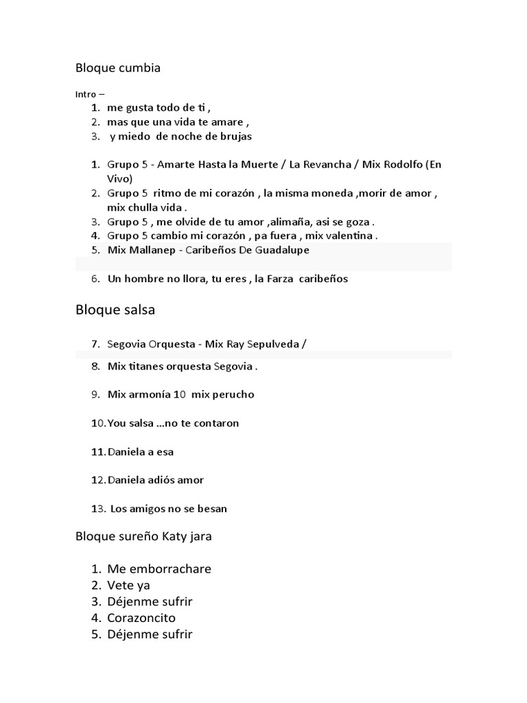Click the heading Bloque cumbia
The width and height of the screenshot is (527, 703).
pyautogui.click(x=118, y=68)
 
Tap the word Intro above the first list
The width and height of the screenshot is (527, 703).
pyautogui.click(x=85, y=94)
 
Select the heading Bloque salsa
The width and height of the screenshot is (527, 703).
pyautogui.click(x=115, y=310)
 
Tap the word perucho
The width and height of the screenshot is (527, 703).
pyautogui.click(x=231, y=395)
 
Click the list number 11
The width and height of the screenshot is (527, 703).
pyautogui.click(x=97, y=452)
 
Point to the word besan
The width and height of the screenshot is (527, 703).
pyautogui.click(x=212, y=509)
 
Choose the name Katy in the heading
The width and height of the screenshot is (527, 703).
pyautogui.click(x=176, y=537)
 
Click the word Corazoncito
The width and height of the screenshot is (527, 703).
pyautogui.click(x=141, y=618)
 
